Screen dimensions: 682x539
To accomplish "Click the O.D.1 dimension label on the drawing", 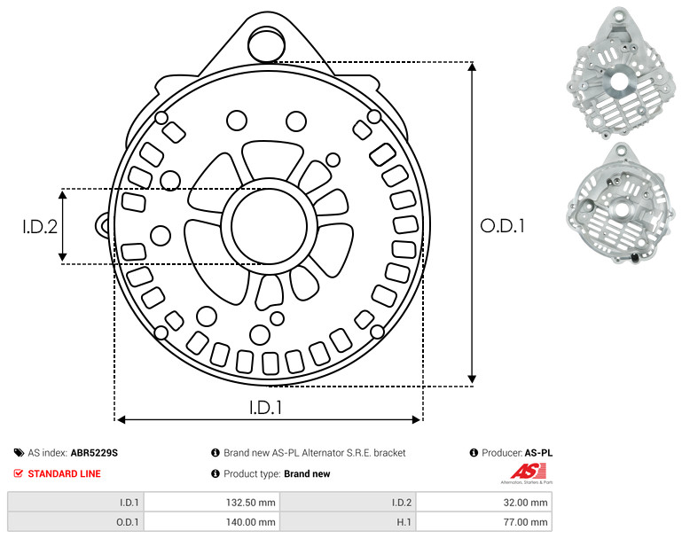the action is [502, 226].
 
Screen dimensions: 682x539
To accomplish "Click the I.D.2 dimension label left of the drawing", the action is [40, 227].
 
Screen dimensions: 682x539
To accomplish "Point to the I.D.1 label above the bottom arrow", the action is [265, 408].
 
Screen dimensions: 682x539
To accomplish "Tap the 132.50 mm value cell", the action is [212, 503].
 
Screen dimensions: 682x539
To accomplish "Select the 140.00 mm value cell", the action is [212, 522].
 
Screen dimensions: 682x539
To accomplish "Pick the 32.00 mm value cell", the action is [484, 503].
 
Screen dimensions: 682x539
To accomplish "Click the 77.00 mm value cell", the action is [484, 522].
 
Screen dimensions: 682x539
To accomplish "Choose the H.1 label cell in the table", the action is [348, 522].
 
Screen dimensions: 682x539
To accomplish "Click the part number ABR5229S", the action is [94, 453].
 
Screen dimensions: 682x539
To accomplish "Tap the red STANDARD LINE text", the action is [65, 473].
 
